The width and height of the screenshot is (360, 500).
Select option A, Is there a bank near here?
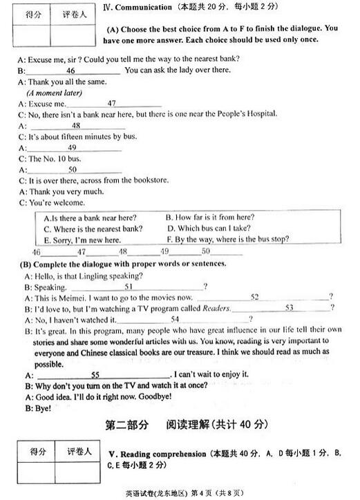coord(90,218)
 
